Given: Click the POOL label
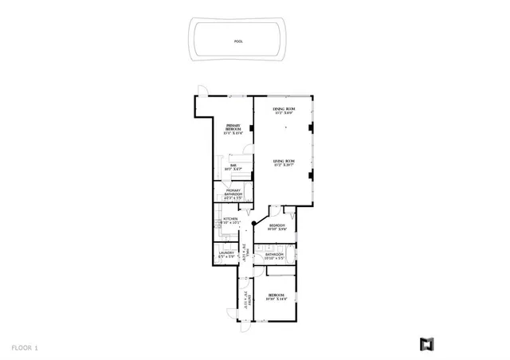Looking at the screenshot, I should [x=239, y=41].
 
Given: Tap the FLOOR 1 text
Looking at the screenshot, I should [x=25, y=347].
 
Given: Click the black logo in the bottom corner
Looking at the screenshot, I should [x=426, y=344].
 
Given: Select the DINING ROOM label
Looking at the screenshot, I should [x=283, y=109].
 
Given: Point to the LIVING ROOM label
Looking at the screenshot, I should [x=283, y=162].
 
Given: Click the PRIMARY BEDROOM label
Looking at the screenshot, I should [x=233, y=127].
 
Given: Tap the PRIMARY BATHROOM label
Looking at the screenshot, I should [x=233, y=192].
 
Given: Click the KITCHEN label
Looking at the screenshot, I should [x=231, y=219].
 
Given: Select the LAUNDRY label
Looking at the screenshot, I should [x=226, y=254].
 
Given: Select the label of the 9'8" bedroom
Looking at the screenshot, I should [x=277, y=226].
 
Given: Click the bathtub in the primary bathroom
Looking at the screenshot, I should [x=219, y=194].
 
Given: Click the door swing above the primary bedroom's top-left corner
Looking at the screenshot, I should [x=202, y=90].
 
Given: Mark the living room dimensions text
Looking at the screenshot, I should [x=284, y=166].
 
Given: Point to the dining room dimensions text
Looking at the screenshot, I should [x=284, y=113].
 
